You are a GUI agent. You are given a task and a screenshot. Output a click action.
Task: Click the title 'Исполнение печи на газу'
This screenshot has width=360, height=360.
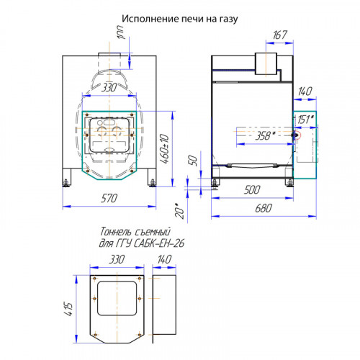180,19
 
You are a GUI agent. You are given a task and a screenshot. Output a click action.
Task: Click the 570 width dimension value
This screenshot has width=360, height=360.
109,198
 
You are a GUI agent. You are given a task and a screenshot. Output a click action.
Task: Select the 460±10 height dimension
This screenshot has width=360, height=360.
165,149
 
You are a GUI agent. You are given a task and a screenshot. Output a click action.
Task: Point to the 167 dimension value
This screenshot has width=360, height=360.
280,35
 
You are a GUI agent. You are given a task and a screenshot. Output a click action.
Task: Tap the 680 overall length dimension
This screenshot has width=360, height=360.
264,208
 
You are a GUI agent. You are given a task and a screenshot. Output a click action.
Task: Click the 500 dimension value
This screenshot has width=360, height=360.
252,189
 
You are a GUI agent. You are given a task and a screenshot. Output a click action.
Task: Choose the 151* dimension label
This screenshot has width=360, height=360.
306,120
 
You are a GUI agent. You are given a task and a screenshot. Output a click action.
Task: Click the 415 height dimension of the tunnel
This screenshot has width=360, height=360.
68,309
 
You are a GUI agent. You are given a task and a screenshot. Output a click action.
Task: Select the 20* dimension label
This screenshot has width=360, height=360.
180,210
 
